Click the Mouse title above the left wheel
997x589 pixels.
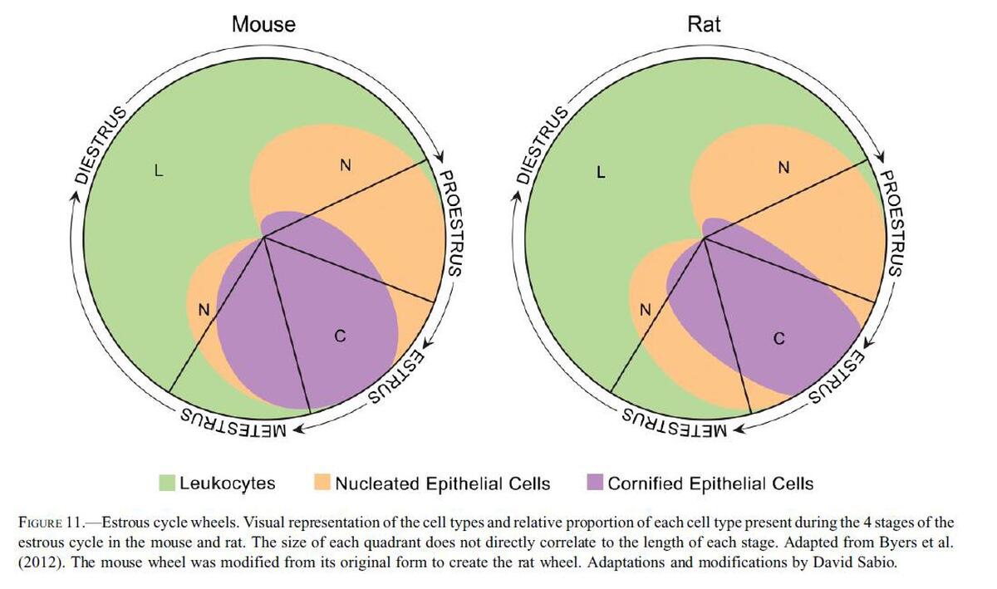pyautogui.click(x=263, y=24)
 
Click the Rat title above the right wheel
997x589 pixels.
pyautogui.click(x=705, y=24)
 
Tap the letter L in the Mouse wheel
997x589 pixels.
pyautogui.click(x=159, y=173)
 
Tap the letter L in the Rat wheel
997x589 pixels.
pyautogui.click(x=601, y=173)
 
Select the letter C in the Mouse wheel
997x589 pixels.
pyautogui.click(x=339, y=336)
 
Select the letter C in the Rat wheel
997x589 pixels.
pyautogui.click(x=778, y=338)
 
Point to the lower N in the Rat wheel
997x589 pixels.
pyautogui.click(x=644, y=310)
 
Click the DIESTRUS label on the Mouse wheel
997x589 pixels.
pyautogui.click(x=97, y=145)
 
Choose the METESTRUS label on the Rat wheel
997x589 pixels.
pyautogui.click(x=675, y=422)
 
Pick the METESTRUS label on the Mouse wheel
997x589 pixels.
pyautogui.click(x=233, y=422)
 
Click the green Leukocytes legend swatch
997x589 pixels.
pyautogui.click(x=167, y=483)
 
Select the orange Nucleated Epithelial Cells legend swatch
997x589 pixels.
pyautogui.click(x=322, y=483)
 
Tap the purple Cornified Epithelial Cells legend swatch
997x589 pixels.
pyautogui.click(x=594, y=483)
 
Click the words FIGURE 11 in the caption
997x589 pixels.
pyautogui.click(x=50, y=523)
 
